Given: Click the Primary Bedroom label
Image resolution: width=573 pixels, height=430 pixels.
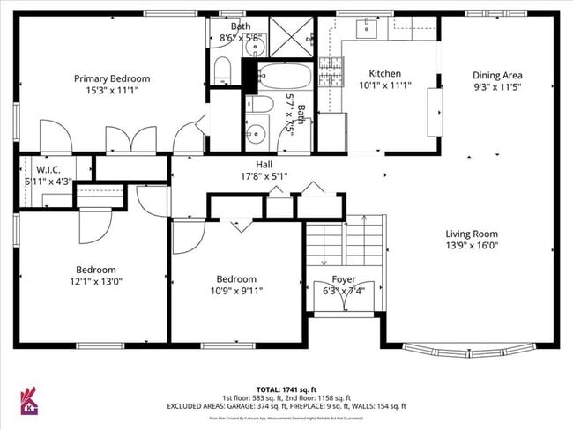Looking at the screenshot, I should [x=111, y=78].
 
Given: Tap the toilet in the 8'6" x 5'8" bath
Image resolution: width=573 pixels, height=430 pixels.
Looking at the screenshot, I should [x=223, y=70].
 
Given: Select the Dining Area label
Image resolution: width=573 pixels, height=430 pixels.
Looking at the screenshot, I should [x=497, y=75].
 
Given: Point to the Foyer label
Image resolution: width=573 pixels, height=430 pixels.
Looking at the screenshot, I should [x=343, y=278].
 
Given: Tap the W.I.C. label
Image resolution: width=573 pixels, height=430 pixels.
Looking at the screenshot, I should [x=47, y=169].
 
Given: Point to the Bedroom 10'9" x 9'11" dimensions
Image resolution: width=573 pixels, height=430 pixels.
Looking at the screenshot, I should [x=237, y=291].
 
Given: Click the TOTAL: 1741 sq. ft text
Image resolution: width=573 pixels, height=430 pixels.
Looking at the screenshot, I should [x=286, y=389].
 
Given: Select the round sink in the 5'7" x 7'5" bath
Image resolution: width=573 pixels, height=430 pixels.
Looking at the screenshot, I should [x=256, y=135].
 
